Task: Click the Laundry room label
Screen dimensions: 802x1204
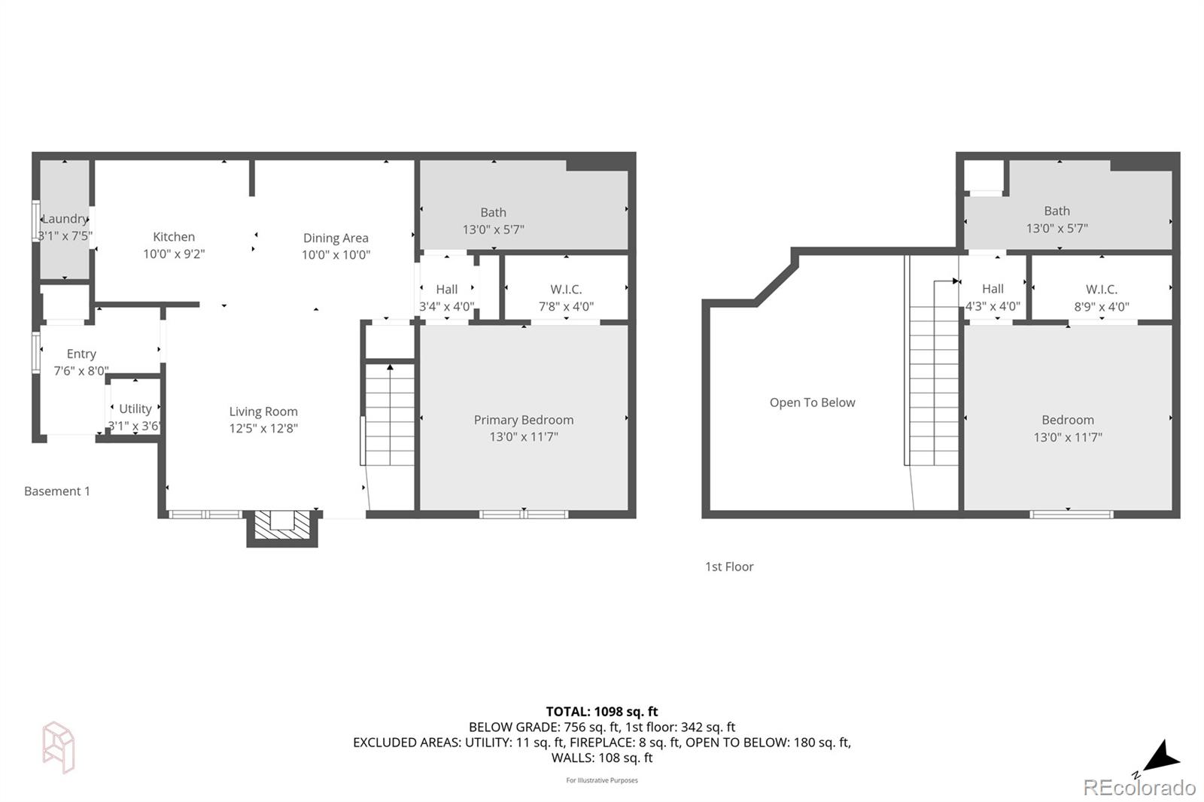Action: (x=65, y=219)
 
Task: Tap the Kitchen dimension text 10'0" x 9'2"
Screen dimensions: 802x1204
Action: (x=174, y=254)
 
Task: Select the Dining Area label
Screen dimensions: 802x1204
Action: (x=336, y=238)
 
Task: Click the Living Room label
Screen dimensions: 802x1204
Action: (x=263, y=412)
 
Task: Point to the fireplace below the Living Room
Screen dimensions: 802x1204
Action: (x=282, y=526)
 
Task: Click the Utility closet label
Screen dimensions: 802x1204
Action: (x=135, y=409)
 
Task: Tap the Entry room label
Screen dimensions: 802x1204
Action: (x=81, y=354)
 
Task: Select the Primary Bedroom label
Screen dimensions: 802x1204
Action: (x=524, y=420)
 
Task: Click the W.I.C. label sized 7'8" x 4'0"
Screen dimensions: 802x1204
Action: (x=566, y=290)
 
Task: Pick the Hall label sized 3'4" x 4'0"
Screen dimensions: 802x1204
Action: (x=447, y=290)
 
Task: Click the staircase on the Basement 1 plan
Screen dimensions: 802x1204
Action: (x=390, y=415)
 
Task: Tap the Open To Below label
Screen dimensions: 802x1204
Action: (x=812, y=403)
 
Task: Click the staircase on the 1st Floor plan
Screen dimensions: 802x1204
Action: (x=934, y=376)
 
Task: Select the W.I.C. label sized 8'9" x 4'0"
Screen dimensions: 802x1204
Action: (x=1102, y=290)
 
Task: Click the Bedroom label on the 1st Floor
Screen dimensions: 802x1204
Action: (x=1068, y=420)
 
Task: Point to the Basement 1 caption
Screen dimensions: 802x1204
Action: (x=57, y=491)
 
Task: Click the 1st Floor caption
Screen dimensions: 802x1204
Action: (x=729, y=567)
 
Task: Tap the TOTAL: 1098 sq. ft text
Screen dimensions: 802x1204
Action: (x=602, y=711)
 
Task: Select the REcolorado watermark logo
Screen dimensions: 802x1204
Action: (x=1139, y=788)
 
